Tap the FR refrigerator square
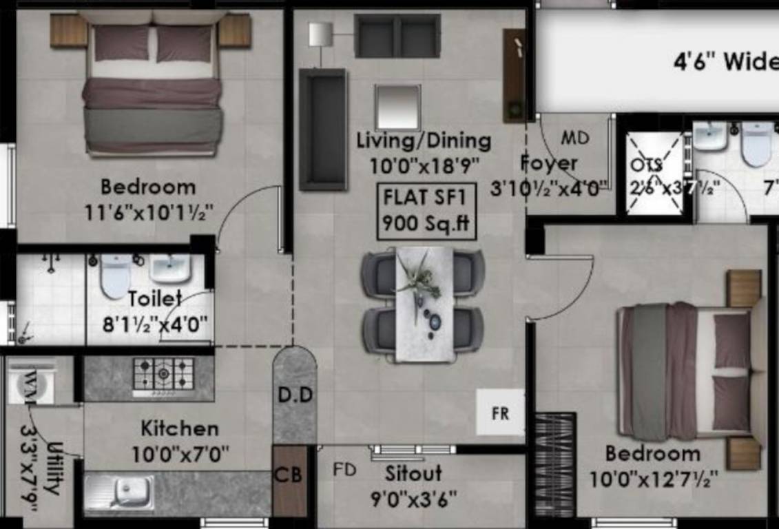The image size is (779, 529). tap(500, 413)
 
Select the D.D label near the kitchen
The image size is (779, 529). tap(295, 395)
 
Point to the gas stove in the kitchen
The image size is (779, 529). tap(163, 376)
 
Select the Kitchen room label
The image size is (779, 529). tap(180, 428)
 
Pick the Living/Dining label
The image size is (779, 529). tap(424, 141)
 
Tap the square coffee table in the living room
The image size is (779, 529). tap(397, 107)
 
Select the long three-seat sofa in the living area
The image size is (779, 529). tap(322, 129)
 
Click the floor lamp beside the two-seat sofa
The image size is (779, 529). tap(320, 34)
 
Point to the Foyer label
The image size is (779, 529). tap(548, 164)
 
